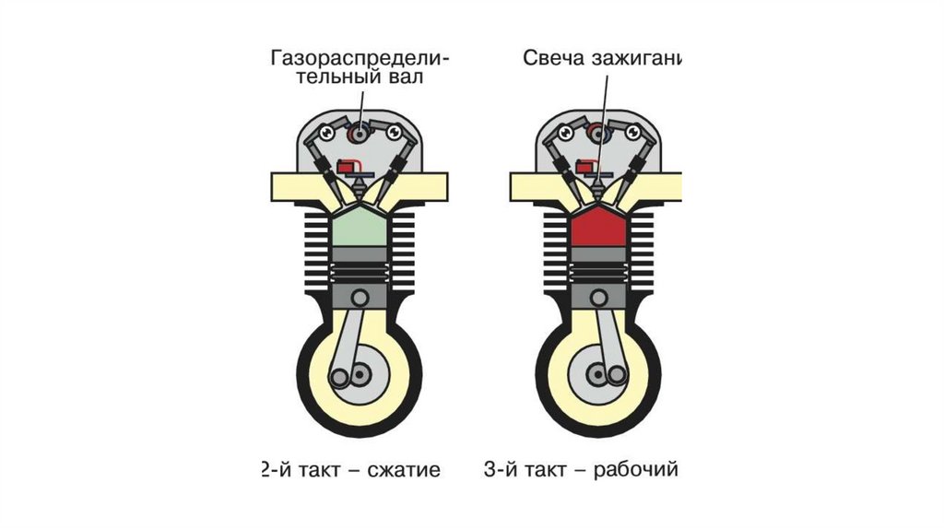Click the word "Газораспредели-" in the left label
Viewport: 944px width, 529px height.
coord(360,58)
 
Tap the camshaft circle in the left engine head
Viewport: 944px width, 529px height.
coord(358,135)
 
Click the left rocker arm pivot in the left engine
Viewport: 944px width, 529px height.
coord(325,134)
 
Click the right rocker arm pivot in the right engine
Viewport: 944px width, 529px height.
coord(634,134)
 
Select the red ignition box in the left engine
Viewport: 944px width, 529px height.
coord(348,167)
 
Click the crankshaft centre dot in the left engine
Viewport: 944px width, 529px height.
coord(358,376)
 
